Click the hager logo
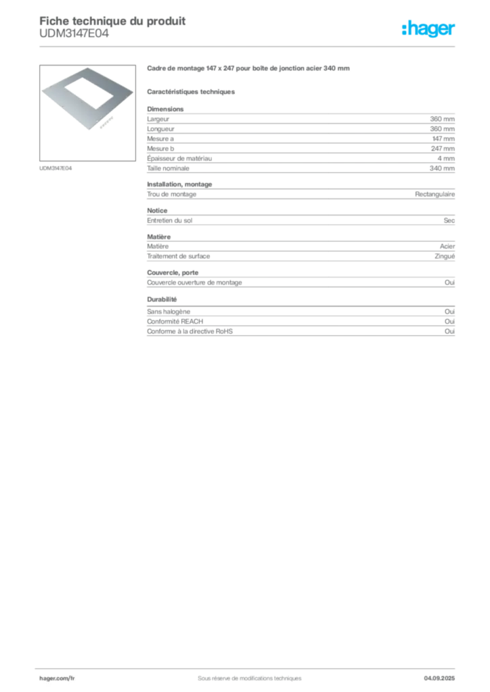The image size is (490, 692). click(428, 29)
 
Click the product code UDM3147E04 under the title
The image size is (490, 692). click(74, 34)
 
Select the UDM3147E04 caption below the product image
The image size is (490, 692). click(55, 168)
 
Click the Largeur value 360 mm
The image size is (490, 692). click(442, 119)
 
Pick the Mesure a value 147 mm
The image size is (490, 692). click(443, 139)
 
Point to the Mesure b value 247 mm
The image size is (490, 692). click(443, 149)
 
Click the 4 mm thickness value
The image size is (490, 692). click(446, 158)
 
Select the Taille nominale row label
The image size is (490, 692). click(168, 168)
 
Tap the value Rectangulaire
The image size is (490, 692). click(435, 194)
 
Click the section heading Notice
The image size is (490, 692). click(157, 211)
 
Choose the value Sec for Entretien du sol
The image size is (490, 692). click(449, 220)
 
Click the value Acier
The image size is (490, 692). click(447, 246)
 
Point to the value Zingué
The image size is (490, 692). click(445, 256)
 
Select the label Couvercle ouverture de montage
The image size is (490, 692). click(194, 282)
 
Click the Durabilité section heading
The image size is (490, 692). click(162, 299)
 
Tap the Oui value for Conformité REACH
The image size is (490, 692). click(449, 321)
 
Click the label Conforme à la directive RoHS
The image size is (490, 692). click(190, 331)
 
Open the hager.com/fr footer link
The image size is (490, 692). click(57, 678)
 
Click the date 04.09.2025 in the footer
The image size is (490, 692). click(439, 678)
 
